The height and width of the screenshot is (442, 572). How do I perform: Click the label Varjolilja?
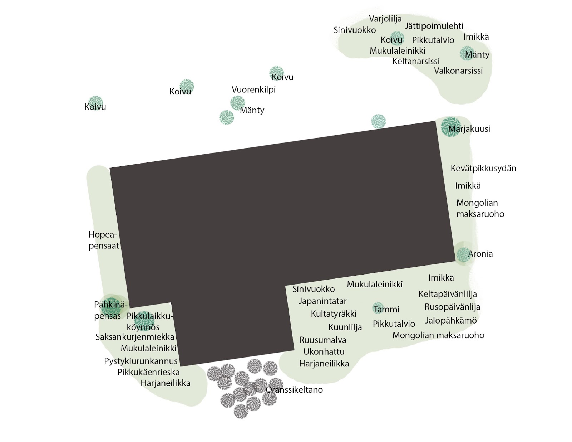pos(385,19)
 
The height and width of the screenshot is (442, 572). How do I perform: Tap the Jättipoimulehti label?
pos(434,26)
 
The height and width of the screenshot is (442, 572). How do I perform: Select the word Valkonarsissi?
pos(458,71)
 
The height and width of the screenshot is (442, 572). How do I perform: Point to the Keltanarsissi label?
pos(416,61)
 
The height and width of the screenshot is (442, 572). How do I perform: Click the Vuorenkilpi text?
pos(253,89)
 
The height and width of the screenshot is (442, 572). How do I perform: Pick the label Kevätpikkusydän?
pos(483,168)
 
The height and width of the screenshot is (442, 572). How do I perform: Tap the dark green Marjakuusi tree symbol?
pos(450,127)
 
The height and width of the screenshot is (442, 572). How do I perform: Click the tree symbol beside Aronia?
pos(463,254)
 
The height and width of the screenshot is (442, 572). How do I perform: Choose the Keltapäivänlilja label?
pos(448,294)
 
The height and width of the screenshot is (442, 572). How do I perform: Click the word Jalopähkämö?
pos(450,320)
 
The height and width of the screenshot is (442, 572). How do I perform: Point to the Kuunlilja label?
pos(345,327)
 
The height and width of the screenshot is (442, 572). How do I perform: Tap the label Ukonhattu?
pos(324,351)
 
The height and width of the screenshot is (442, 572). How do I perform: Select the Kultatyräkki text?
pos(334,314)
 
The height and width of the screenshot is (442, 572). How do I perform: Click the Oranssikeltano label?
pos(294,390)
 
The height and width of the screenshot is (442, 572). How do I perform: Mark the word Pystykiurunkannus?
pos(140,361)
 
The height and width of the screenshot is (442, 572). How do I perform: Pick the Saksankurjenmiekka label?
pos(135,337)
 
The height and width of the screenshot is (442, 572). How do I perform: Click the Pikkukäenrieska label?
pos(148,372)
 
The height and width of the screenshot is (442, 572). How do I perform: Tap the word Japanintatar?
pos(322,301)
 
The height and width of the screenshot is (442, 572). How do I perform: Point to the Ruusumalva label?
pos(322,340)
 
